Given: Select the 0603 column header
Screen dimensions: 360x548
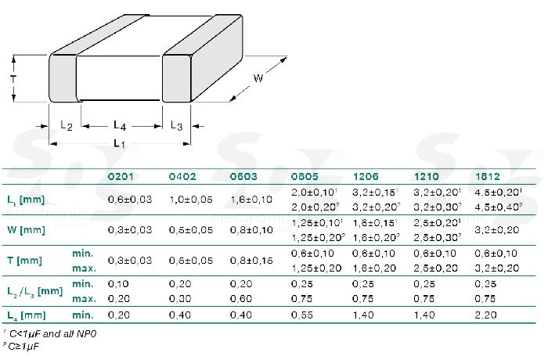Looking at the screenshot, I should pos(243,177).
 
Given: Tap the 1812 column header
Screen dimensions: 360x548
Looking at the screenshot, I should pos(487,177).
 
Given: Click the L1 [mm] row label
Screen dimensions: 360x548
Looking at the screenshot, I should pos(24,200).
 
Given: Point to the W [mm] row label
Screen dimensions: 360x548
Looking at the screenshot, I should pos(24,230).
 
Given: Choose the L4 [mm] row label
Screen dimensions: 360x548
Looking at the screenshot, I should pos(24,314).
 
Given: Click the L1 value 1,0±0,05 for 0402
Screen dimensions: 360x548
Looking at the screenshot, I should pos(190,200).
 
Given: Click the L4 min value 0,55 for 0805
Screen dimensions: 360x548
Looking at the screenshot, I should pos(301,314).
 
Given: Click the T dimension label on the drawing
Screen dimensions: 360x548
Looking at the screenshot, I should pos(13,79).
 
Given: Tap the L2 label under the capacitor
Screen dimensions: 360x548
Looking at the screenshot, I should pos(66,127).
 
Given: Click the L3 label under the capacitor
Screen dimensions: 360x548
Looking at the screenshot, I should pos(176,127).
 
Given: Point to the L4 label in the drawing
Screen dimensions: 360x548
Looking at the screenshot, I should pos(119,125).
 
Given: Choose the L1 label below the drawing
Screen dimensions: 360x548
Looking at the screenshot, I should pos(118,143).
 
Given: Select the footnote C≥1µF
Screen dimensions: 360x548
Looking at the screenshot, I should pos(25,345).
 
